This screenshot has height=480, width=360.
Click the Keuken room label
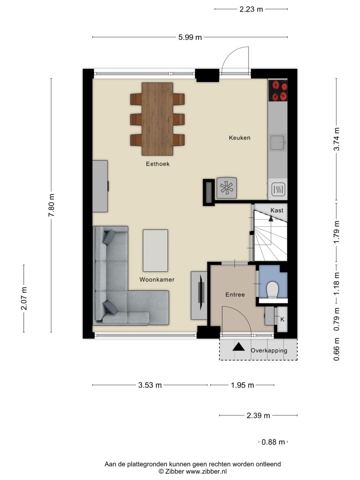pos(239,138)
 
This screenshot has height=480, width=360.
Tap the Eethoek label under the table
pos(158,164)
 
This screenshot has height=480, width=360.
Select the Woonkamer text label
pos(157,279)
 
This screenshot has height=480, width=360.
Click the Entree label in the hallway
pos(235,295)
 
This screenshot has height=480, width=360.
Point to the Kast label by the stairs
pos(277,210)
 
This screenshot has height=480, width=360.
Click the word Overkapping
pos(269,351)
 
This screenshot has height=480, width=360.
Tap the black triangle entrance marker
pos(238,347)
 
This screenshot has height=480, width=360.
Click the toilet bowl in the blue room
pos(273,290)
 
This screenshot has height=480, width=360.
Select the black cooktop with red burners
pos(278,91)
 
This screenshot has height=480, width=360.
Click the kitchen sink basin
pos(278,143)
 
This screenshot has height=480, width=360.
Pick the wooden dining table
pos(157,119)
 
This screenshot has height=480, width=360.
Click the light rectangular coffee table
pos(155,250)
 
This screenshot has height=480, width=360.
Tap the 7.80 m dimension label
pos(51,205)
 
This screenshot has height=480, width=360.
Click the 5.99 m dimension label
pos(190,38)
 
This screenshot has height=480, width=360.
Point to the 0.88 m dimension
pos(273,442)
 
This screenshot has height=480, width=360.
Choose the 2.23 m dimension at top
pos(251,9)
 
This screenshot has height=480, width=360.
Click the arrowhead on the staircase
pos(271,218)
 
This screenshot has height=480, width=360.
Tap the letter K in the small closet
pos(282,319)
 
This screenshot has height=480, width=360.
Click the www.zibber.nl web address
pos(206,471)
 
